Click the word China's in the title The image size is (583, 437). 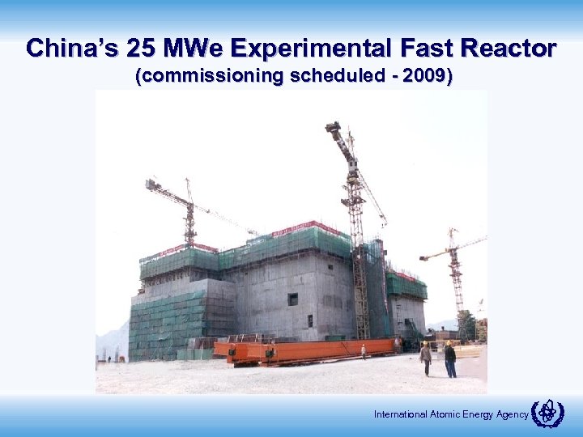click(71, 48)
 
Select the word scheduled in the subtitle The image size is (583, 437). click(326, 77)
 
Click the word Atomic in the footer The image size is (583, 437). click(442, 415)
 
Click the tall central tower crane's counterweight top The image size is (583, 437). click(334, 128)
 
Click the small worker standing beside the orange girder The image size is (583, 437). click(364, 351)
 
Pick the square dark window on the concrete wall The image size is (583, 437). click(292, 299)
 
